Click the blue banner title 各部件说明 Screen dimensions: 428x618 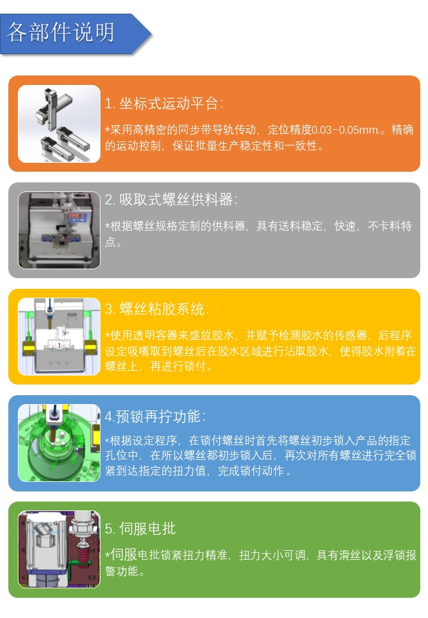tap(61, 32)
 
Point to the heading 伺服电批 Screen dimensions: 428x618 tap(147, 528)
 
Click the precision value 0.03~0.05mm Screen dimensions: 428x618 tap(345, 130)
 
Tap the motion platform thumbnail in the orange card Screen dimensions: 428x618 tap(59, 124)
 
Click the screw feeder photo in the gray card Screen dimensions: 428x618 tap(59, 230)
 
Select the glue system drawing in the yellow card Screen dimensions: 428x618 tap(59, 336)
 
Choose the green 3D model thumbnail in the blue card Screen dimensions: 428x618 tap(59, 443)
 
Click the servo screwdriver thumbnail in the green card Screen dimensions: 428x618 tap(59, 550)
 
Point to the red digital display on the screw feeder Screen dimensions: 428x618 tap(74, 216)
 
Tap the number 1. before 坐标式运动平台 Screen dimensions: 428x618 tap(110, 104)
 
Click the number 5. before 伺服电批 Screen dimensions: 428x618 tap(110, 529)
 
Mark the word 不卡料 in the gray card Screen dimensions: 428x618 tap(384, 226)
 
